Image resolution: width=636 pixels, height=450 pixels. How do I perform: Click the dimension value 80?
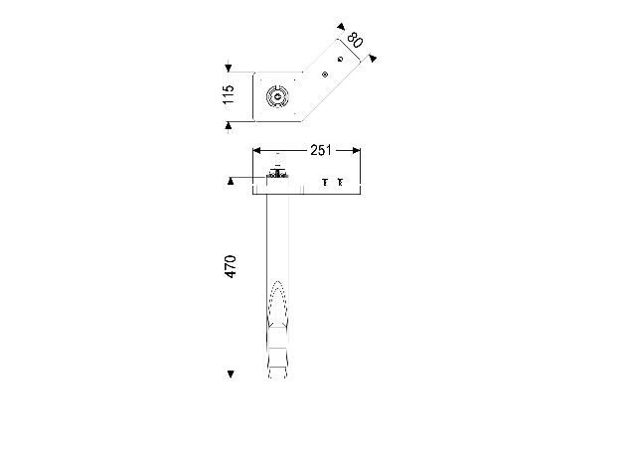click(x=355, y=40)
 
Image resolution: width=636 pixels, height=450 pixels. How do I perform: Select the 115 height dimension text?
click(x=229, y=94)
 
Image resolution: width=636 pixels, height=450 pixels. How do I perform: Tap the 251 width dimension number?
click(x=321, y=150)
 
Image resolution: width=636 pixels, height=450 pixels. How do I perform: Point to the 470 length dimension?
click(x=230, y=266)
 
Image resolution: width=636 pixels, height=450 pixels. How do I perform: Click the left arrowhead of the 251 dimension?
click(x=256, y=151)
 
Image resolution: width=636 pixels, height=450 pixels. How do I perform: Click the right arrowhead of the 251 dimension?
click(x=357, y=151)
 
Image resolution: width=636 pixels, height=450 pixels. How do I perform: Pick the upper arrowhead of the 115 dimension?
click(x=229, y=69)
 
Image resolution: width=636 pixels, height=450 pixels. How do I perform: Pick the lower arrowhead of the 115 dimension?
click(x=229, y=125)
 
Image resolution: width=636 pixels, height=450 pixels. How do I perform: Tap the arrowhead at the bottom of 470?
click(x=231, y=374)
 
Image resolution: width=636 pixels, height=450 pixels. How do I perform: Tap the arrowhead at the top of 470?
click(x=231, y=181)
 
